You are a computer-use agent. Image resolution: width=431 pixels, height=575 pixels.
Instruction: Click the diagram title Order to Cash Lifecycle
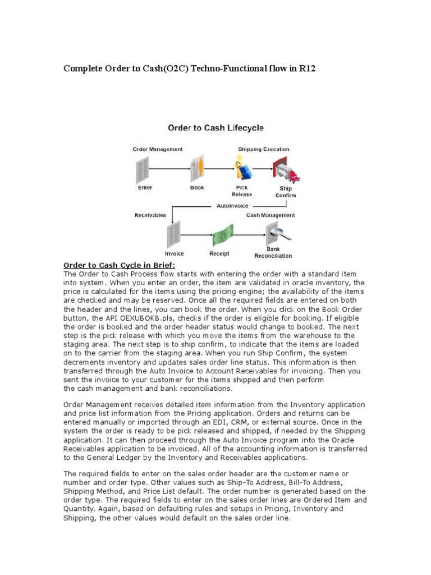click(215, 128)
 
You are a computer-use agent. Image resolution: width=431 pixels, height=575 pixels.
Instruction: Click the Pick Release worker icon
click(242, 168)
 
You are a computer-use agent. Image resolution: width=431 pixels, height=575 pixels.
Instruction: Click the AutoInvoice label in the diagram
click(232, 206)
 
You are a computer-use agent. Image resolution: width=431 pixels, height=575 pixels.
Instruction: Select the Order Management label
click(157, 149)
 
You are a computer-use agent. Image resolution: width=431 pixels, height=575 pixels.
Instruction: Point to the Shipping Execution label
click(263, 149)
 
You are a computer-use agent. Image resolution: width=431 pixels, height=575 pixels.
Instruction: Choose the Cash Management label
click(270, 215)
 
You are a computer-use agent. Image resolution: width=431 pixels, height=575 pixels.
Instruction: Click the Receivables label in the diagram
click(150, 215)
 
